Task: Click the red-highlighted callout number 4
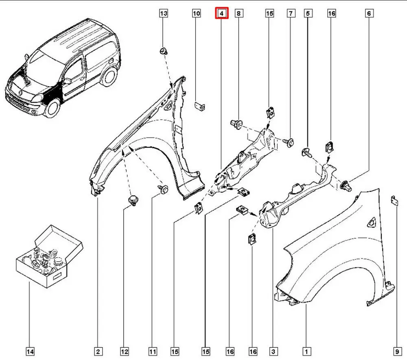tap(222, 14)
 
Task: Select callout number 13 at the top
tap(163, 14)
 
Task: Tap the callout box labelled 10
tap(197, 14)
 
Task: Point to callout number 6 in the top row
tap(369, 14)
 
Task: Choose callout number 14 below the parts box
tap(30, 351)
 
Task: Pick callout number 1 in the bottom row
tap(306, 351)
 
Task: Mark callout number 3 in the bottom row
tap(274, 351)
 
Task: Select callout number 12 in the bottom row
tap(124, 351)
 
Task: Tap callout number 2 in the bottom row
tap(98, 351)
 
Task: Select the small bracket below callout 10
tap(199, 106)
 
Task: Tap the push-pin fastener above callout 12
tap(132, 200)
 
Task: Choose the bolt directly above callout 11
tap(164, 188)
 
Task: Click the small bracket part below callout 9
tap(394, 200)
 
